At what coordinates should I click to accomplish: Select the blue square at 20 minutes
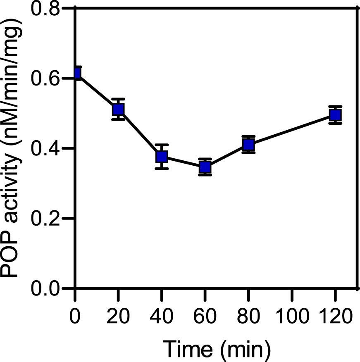(119, 110)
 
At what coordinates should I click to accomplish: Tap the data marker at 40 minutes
(162, 157)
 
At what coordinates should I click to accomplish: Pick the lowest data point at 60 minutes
(205, 167)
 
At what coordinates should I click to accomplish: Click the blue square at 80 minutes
(248, 144)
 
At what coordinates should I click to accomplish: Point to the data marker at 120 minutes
(335, 114)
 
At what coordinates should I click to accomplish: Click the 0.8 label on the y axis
(49, 9)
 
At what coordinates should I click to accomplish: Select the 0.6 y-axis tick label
(49, 79)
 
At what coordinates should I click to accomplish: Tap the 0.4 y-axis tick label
(49, 149)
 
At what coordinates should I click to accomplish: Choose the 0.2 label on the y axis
(49, 219)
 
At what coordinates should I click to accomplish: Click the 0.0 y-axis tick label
(49, 288)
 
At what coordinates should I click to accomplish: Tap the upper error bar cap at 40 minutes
(162, 145)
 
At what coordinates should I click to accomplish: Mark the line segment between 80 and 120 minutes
(292, 129)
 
